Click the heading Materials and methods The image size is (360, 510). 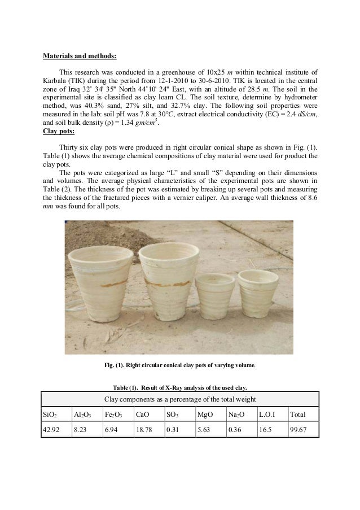[x=80, y=56]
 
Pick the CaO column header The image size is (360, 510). [x=141, y=415]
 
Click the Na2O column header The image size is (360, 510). [x=236, y=415]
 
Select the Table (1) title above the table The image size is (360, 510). [x=180, y=387]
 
